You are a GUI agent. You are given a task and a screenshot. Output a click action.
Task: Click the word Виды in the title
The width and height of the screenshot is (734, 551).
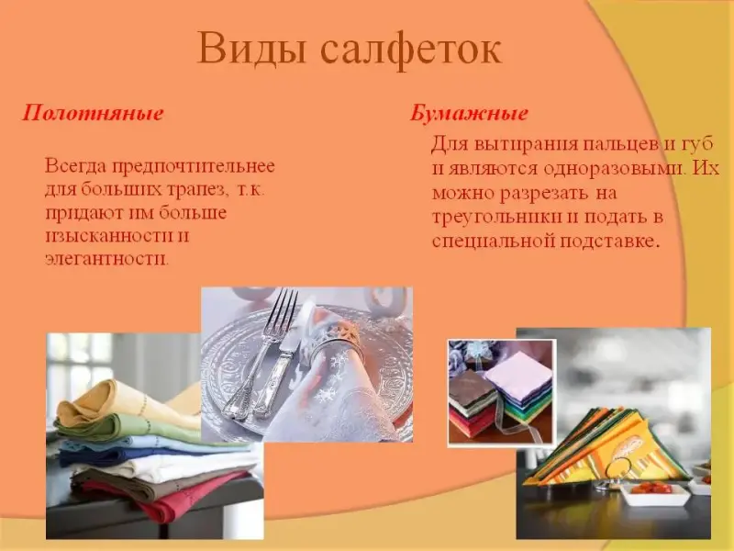coord(251,48)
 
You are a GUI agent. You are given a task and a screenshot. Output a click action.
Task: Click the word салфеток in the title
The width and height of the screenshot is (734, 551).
coord(412,50)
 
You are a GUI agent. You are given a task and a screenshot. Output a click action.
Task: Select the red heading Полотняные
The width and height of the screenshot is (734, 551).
coord(94,113)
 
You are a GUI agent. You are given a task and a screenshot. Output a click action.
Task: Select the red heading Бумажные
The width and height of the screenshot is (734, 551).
coord(470,114)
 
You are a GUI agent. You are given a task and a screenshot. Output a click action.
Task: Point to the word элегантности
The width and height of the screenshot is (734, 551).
coord(106,259)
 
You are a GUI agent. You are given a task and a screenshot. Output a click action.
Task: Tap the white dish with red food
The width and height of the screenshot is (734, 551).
coord(654,494)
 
